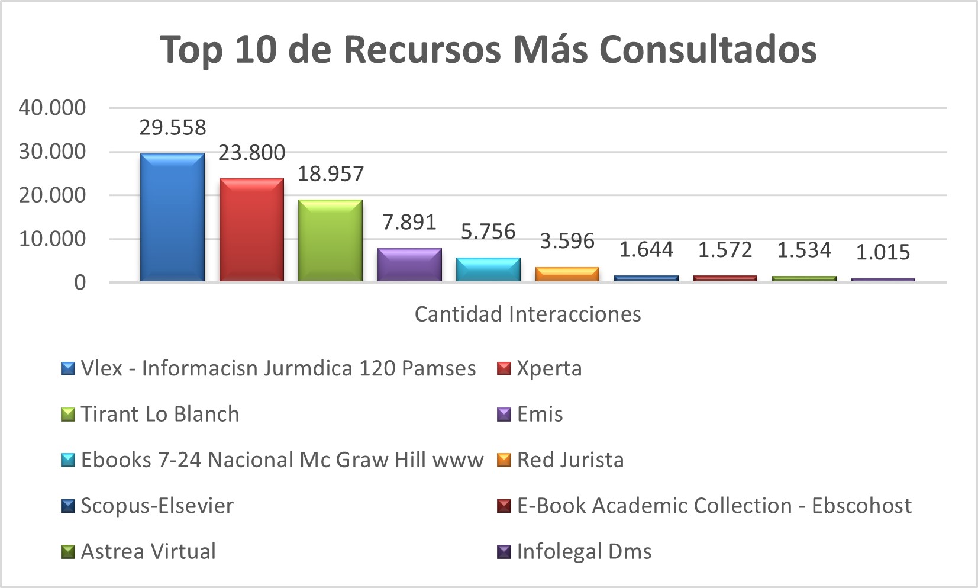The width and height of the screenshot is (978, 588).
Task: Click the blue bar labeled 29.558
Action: tap(172, 217)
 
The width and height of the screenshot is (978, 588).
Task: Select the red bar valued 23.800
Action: tap(251, 230)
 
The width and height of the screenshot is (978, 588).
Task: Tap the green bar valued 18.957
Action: tap(330, 240)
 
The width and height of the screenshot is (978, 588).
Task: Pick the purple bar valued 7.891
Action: tap(409, 265)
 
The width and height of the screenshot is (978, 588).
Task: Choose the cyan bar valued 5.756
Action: tap(488, 269)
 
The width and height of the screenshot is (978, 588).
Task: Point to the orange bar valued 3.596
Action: tap(567, 274)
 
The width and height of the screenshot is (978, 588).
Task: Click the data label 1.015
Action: tap(883, 252)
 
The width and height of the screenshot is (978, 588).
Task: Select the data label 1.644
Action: tap(646, 250)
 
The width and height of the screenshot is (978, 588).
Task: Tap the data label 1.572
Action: tap(725, 250)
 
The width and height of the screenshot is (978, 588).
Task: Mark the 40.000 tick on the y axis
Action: tap(52, 108)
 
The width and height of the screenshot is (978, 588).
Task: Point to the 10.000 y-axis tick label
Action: tap(52, 239)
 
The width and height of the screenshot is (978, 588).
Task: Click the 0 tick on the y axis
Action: tap(80, 283)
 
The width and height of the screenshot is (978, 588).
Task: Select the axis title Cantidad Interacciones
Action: tap(528, 314)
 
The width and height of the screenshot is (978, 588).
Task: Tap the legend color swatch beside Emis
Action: tap(503, 415)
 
